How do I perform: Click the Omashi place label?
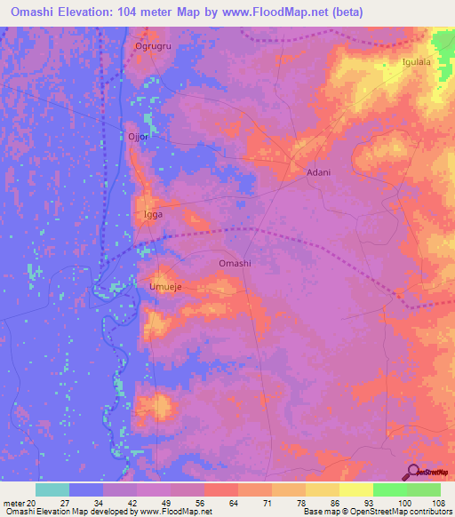[x=235, y=264]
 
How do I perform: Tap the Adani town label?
[x=318, y=172]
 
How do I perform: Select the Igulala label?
[x=416, y=62]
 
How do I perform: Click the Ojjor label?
[x=137, y=137]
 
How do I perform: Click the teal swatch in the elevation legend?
[x=52, y=489]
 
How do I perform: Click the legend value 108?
[x=438, y=504]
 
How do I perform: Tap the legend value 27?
[x=65, y=504]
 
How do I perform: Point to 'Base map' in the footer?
[x=321, y=513]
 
